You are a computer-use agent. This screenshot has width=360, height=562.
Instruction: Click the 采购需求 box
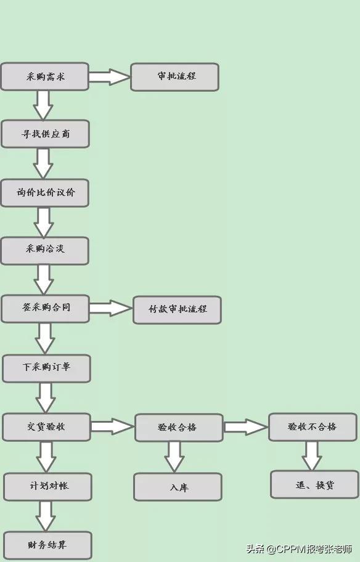[44, 76]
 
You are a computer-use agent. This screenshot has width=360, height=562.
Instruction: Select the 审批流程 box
[174, 76]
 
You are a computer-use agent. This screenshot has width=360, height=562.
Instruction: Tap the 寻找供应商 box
[45, 134]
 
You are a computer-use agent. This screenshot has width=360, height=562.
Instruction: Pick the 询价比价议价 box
[45, 193]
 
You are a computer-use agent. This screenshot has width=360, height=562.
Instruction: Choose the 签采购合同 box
[45, 308]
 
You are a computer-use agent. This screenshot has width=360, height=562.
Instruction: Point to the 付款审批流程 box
[177, 310]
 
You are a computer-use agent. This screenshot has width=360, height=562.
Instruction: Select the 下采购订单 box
[46, 368]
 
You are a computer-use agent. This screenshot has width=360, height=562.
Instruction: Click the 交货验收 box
[46, 427]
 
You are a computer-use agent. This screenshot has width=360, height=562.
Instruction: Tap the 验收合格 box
[179, 427]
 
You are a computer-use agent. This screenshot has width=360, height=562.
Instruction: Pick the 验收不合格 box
[313, 426]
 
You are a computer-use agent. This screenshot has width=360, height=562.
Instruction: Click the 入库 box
[178, 487]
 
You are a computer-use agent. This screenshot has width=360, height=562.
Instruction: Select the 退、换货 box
[314, 484]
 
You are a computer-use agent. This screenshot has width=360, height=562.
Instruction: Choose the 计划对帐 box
[47, 486]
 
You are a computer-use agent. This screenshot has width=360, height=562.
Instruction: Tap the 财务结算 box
[47, 545]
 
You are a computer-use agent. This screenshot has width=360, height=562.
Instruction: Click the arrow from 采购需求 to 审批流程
[109, 76]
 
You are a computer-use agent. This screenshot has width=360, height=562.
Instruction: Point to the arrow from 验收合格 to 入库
[174, 457]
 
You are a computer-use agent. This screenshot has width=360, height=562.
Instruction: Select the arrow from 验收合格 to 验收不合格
[245, 427]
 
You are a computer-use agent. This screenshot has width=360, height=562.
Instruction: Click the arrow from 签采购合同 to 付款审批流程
[111, 308]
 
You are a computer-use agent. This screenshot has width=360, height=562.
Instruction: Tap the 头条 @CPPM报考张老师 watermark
[299, 548]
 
